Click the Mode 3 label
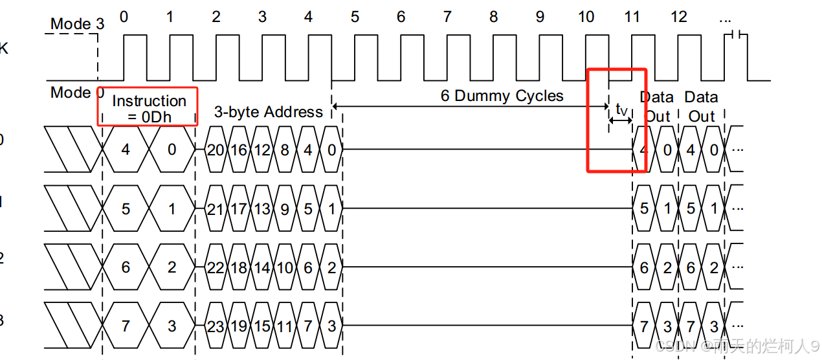(77, 24)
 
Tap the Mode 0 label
(77, 93)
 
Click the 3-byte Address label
(269, 112)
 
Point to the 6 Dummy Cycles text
(502, 96)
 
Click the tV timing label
(621, 110)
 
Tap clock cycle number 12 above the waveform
(678, 16)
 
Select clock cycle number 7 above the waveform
(447, 16)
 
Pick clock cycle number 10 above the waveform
(586, 16)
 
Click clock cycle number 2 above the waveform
(216, 16)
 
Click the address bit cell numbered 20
(216, 150)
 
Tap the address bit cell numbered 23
(216, 326)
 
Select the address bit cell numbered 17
(239, 208)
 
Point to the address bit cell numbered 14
(261, 267)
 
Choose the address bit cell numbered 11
(285, 326)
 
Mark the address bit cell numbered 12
(261, 150)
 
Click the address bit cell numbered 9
(285, 208)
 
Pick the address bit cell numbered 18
(239, 267)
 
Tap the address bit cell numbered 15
(261, 326)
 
